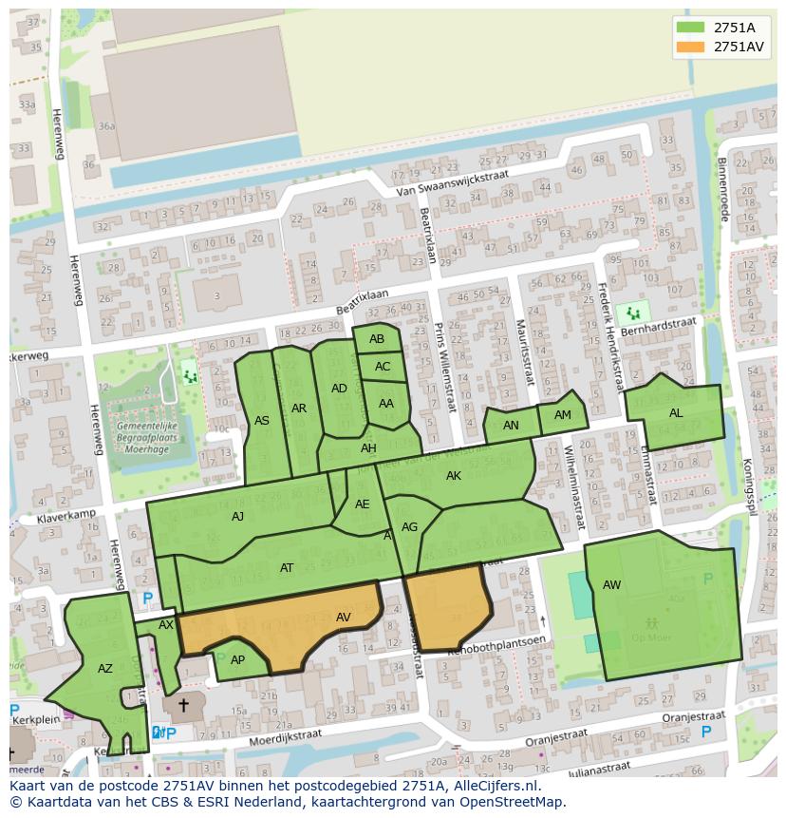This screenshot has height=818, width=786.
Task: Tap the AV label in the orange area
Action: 344,618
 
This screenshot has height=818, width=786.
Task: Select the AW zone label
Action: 611,585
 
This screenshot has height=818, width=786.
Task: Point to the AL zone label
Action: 676,413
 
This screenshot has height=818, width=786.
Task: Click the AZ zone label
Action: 105,669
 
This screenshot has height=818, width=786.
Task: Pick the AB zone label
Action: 377,339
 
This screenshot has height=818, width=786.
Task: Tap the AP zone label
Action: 237,660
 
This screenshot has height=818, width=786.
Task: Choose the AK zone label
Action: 454,476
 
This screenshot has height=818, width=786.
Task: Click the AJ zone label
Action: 237,517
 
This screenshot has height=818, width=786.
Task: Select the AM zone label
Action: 563,415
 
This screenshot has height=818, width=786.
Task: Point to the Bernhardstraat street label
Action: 661,325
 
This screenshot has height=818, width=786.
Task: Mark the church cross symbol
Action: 183,706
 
